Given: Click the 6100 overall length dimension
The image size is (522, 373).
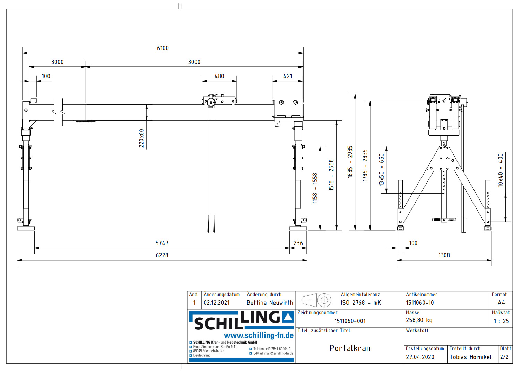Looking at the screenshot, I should pos(163,48).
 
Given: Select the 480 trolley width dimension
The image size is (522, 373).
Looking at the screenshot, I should pos(219,76).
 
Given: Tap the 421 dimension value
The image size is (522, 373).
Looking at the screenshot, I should pos(287,76).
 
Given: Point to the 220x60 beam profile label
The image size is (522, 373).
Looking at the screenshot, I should pos(142,138).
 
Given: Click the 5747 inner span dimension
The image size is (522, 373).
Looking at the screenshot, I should pos(162,243).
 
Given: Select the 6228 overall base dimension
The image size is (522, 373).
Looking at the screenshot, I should pos(162,255).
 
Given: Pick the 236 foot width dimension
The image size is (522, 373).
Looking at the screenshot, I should pos(298,243).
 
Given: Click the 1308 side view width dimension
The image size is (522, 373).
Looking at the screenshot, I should pos(444,255).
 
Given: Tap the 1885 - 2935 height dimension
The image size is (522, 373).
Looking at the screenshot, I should pos(350,162).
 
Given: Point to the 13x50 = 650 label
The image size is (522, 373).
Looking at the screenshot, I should pos(382,170).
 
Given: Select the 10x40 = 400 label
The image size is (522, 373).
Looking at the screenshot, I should pos(500,170).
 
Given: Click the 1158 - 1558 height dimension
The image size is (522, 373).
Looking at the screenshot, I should pos(315,188).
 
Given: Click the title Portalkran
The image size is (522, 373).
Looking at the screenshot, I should pos(350,348).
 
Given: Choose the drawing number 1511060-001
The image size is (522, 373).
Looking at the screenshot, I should pos(350,321).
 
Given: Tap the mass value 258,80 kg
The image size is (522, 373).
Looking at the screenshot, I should pos(419,320).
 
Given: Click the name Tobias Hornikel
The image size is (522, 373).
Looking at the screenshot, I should pos(470,357).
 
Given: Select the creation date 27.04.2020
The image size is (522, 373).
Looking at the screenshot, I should pos(420,357).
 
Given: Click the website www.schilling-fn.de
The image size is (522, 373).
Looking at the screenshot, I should pos(259,335).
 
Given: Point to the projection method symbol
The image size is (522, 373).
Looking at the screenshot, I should pos(317,300).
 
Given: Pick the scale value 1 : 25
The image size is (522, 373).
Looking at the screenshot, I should pos(501,321).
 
